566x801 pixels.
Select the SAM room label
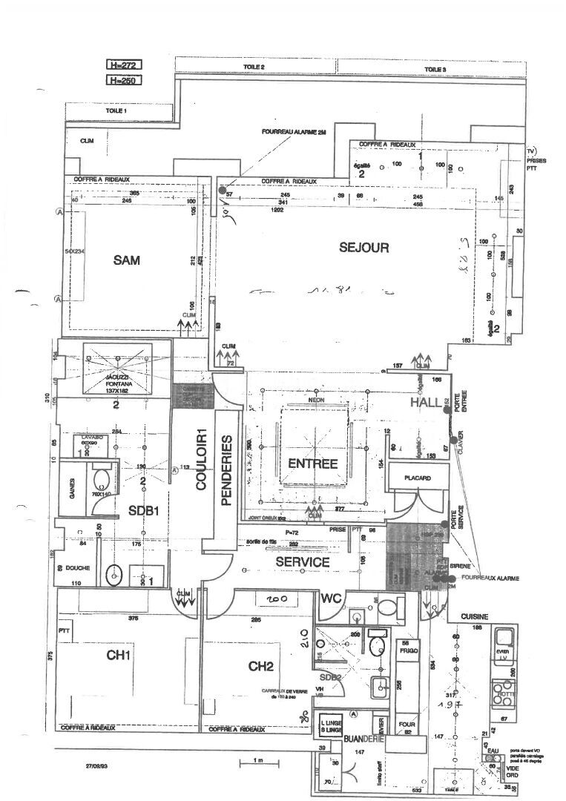tap(128, 260)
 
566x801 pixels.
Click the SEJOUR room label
tap(363, 248)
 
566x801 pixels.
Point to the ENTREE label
tap(312, 464)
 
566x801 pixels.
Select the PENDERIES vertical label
tap(227, 471)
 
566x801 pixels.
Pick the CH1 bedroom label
tap(119, 656)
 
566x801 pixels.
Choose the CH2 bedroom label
tap(261, 666)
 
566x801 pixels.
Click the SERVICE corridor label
tap(302, 562)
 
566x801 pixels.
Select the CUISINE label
tap(473, 616)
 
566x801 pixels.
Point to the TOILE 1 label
tap(116, 110)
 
